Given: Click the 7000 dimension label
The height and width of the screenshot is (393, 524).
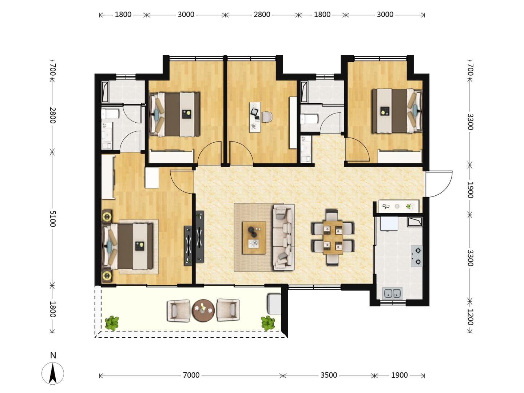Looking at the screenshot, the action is click(191, 375).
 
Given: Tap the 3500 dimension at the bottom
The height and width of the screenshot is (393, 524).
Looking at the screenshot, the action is click(329, 375).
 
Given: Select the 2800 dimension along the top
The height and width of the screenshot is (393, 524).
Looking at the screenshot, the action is click(262, 15).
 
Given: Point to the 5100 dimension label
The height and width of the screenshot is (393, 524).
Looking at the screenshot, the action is click(52, 219).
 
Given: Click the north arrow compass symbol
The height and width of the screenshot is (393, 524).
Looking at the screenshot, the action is click(53, 373).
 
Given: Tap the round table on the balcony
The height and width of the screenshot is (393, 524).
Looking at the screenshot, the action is click(203, 311).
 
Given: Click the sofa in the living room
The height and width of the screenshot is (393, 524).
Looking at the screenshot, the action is click(283, 237).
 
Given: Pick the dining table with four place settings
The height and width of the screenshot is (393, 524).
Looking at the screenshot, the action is click(333, 238).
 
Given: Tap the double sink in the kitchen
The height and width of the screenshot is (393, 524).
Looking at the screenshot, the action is click(393, 294).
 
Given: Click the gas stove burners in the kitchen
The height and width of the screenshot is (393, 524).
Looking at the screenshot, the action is click(417, 256).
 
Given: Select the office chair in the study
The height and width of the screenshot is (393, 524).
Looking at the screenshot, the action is click(267, 117).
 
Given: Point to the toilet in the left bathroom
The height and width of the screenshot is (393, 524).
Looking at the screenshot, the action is click(110, 114).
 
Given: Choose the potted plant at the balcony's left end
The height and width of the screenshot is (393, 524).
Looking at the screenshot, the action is click(112, 323).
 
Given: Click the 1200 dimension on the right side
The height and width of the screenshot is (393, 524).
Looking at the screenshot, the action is click(470, 317).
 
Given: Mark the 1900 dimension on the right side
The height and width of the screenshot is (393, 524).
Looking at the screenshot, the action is click(470, 190).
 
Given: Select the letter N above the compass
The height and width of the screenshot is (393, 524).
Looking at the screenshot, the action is click(53, 355).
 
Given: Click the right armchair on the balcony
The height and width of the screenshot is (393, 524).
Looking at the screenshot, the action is click(228, 310).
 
